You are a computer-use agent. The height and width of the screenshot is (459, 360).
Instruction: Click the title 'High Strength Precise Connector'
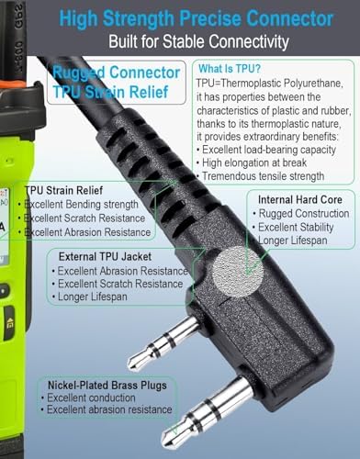(196, 18)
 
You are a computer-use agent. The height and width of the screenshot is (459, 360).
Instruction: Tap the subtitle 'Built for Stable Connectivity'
(198, 41)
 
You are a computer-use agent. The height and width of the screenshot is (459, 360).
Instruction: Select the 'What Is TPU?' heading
(230, 69)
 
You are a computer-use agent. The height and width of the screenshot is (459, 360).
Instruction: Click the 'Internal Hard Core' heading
(300, 200)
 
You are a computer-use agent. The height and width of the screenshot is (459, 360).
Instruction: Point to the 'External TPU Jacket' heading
(105, 256)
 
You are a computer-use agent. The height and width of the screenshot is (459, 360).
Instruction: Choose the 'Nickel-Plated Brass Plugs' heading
(107, 385)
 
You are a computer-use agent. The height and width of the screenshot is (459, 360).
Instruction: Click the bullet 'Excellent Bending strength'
(81, 205)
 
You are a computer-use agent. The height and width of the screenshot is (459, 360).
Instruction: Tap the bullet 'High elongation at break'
(254, 162)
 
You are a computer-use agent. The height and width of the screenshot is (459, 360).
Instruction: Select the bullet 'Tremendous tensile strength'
(263, 176)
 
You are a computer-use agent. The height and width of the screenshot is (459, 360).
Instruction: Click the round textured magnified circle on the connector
(238, 272)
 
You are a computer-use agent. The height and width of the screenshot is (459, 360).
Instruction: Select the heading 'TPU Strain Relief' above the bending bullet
(64, 190)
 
